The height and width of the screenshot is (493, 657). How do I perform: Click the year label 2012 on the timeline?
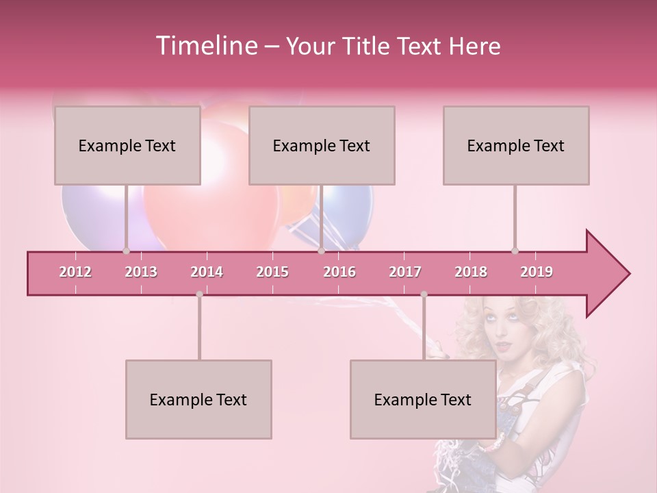(x=75, y=272)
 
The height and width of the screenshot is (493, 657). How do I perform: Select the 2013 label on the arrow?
(x=141, y=272)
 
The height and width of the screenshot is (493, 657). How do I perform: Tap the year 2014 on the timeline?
(x=207, y=272)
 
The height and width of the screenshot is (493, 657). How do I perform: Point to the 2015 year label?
(x=272, y=272)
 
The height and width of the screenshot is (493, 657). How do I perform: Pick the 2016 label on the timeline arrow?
(x=339, y=272)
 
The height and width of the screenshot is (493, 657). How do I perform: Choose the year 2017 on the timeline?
(x=405, y=272)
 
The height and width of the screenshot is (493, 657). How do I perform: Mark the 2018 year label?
(x=471, y=272)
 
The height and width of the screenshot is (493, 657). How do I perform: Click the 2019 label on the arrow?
(x=537, y=272)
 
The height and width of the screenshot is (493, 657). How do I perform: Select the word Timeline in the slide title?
(x=206, y=46)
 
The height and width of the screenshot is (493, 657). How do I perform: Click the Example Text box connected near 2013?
(x=127, y=146)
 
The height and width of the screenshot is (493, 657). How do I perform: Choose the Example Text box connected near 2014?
(x=198, y=400)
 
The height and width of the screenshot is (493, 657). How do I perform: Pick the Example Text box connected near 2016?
(x=322, y=146)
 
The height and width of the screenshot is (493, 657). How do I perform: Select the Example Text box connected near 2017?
(x=423, y=400)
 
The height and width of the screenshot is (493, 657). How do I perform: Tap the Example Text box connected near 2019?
(x=516, y=146)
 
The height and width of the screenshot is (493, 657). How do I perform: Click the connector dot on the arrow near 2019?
(x=515, y=251)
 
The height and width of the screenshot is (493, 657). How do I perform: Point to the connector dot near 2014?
(x=199, y=294)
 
